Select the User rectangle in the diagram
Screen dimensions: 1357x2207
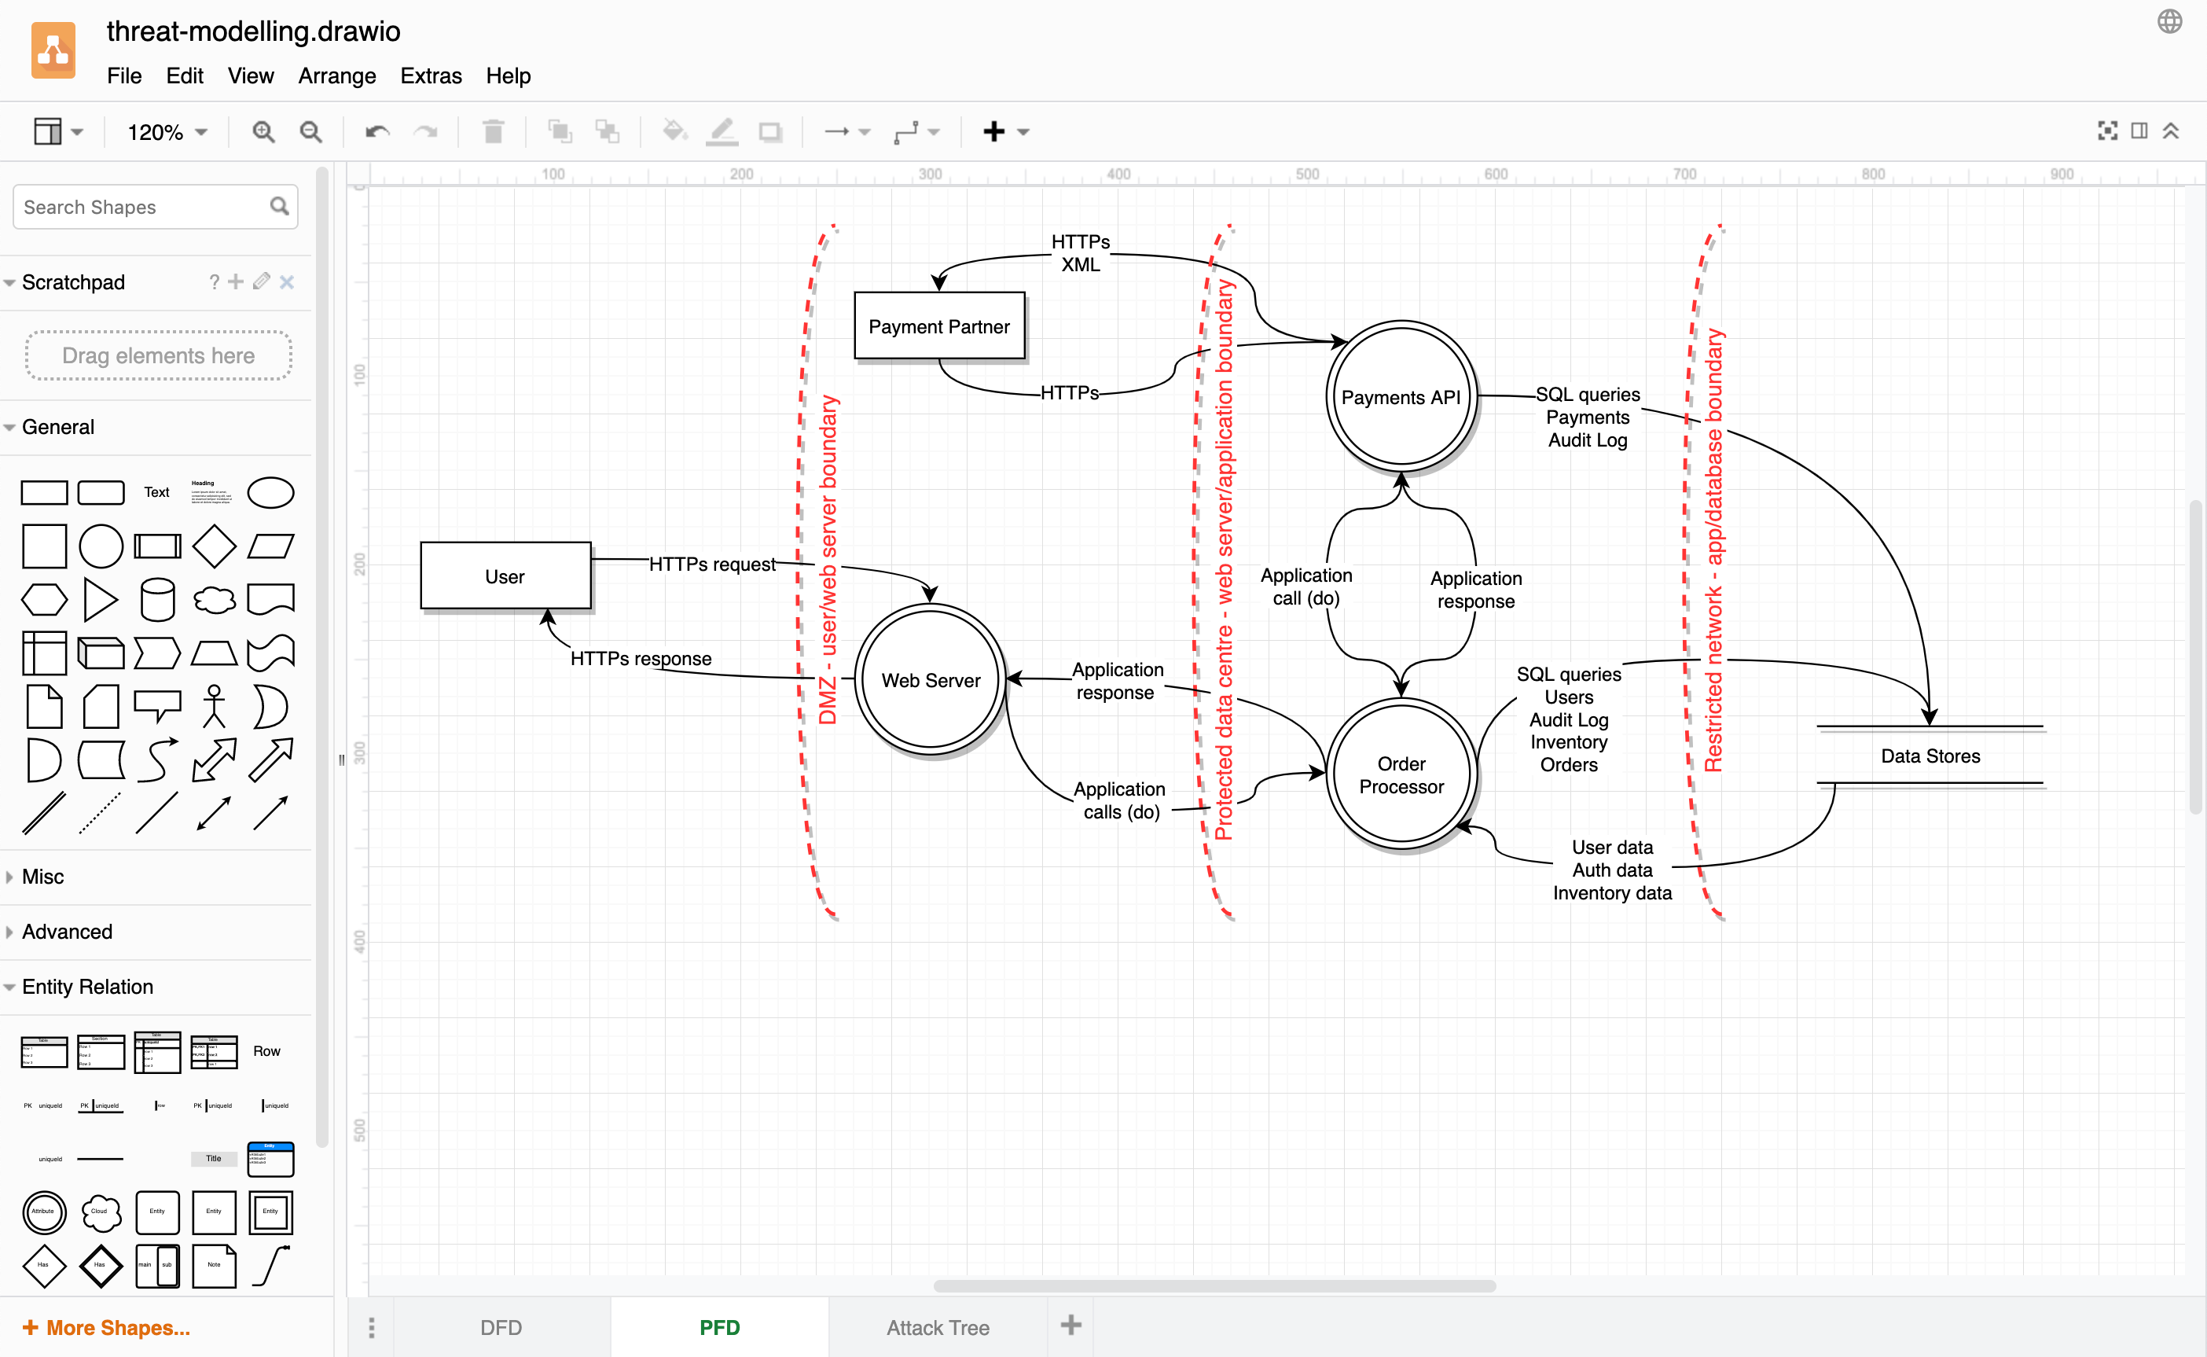pos(505,576)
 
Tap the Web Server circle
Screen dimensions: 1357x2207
pos(931,679)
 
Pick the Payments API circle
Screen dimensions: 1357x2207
pos(1401,397)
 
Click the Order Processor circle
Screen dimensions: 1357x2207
pos(1401,774)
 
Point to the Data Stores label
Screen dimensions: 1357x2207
pos(1930,756)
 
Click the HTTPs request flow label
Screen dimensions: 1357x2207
pos(712,564)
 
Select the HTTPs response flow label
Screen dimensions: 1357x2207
pos(641,659)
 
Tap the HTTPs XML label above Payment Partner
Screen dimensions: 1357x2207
pos(1080,253)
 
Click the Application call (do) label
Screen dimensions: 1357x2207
pos(1305,586)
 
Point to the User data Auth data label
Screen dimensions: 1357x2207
pos(1611,869)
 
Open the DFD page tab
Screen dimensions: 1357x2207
pos(501,1326)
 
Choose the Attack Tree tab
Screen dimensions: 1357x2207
pos(938,1326)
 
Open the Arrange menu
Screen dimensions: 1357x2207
pos(336,75)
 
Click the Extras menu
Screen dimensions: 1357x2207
pos(431,75)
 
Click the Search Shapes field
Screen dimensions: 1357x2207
pos(144,208)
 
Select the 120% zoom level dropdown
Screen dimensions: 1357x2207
pos(167,133)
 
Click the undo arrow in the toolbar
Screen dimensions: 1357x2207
pos(376,133)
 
